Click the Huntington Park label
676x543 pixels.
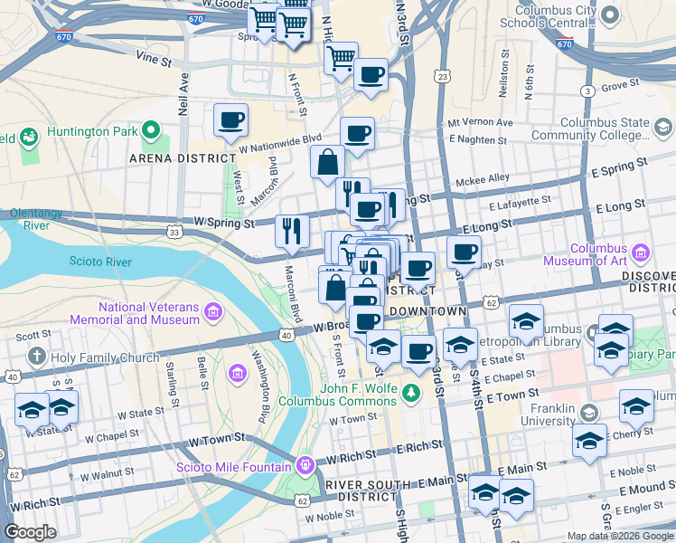click(92, 130)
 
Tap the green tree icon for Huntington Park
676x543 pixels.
click(153, 131)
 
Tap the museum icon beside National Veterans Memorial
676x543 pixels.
click(213, 313)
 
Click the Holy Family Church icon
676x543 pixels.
click(37, 357)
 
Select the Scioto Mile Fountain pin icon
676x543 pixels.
click(305, 466)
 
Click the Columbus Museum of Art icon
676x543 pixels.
click(643, 251)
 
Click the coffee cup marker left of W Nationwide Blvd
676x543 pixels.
click(230, 119)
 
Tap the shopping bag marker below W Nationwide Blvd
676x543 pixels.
click(327, 163)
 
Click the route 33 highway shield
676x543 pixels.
click(174, 233)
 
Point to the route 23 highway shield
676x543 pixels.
click(442, 78)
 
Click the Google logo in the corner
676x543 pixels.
click(31, 532)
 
